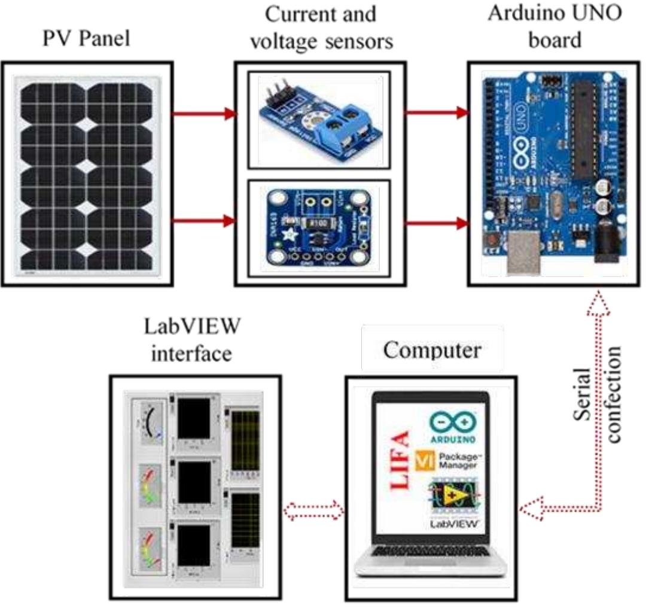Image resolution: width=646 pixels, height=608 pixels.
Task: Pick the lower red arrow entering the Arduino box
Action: pos(435,223)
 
